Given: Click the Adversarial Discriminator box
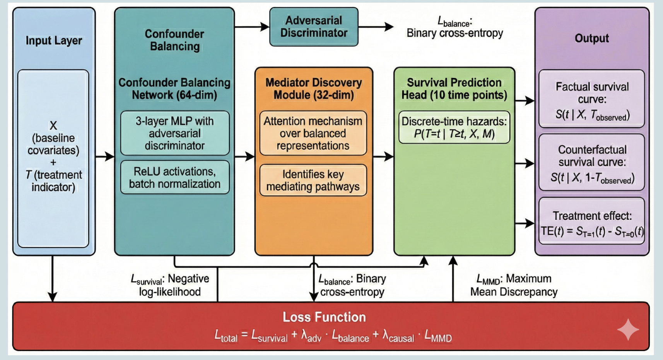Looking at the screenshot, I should pyautogui.click(x=314, y=27).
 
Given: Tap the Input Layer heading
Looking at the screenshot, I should pyautogui.click(x=54, y=41).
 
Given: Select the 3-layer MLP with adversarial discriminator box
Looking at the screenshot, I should pyautogui.click(x=175, y=133).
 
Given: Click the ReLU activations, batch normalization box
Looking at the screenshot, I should pyautogui.click(x=175, y=177).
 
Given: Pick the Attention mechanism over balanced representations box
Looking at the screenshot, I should pyautogui.click(x=313, y=133).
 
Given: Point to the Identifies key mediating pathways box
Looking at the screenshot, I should pyautogui.click(x=313, y=180).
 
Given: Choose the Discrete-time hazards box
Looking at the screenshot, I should pyautogui.click(x=454, y=127).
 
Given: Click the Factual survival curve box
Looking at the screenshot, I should pyautogui.click(x=592, y=99).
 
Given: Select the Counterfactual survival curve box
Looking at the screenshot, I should pyautogui.click(x=592, y=163).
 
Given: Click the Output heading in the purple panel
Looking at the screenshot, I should pyautogui.click(x=592, y=38).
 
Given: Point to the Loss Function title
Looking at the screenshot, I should pyautogui.click(x=324, y=317).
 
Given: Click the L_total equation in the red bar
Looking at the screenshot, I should pyautogui.click(x=333, y=336).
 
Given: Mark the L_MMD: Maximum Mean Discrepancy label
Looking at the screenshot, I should pyautogui.click(x=514, y=285).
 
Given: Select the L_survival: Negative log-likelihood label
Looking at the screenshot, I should pyautogui.click(x=170, y=285).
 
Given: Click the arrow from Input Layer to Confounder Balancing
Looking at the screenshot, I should pyautogui.click(x=105, y=156).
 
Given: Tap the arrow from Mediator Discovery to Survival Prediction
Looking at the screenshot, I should pyautogui.click(x=383, y=156).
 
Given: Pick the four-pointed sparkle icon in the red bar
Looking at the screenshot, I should pyautogui.click(x=628, y=329).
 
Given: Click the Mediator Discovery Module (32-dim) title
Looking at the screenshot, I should pyautogui.click(x=314, y=89).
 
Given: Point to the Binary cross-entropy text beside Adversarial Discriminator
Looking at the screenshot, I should pyautogui.click(x=455, y=33).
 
